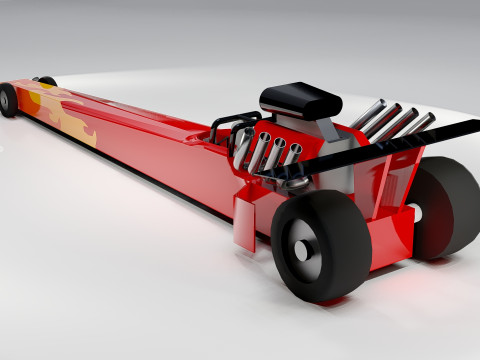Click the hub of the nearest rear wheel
302,247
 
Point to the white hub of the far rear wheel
412,214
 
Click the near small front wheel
8,99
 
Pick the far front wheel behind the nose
46,81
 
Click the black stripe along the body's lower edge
150,174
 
